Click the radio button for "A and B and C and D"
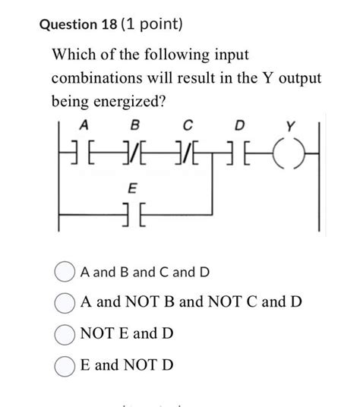click(65, 272)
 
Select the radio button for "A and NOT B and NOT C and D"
click(65, 303)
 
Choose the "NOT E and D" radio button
click(65, 335)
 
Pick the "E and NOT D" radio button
click(65, 366)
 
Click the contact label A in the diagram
click(84, 125)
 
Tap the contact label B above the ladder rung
click(134, 125)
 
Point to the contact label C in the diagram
click(188, 125)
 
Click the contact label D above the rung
click(239, 125)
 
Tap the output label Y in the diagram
click(291, 126)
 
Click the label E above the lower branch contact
click(132, 188)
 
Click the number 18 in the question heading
click(109, 24)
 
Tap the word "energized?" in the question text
click(129, 102)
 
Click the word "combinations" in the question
click(96, 78)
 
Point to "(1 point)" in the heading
click(152, 24)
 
